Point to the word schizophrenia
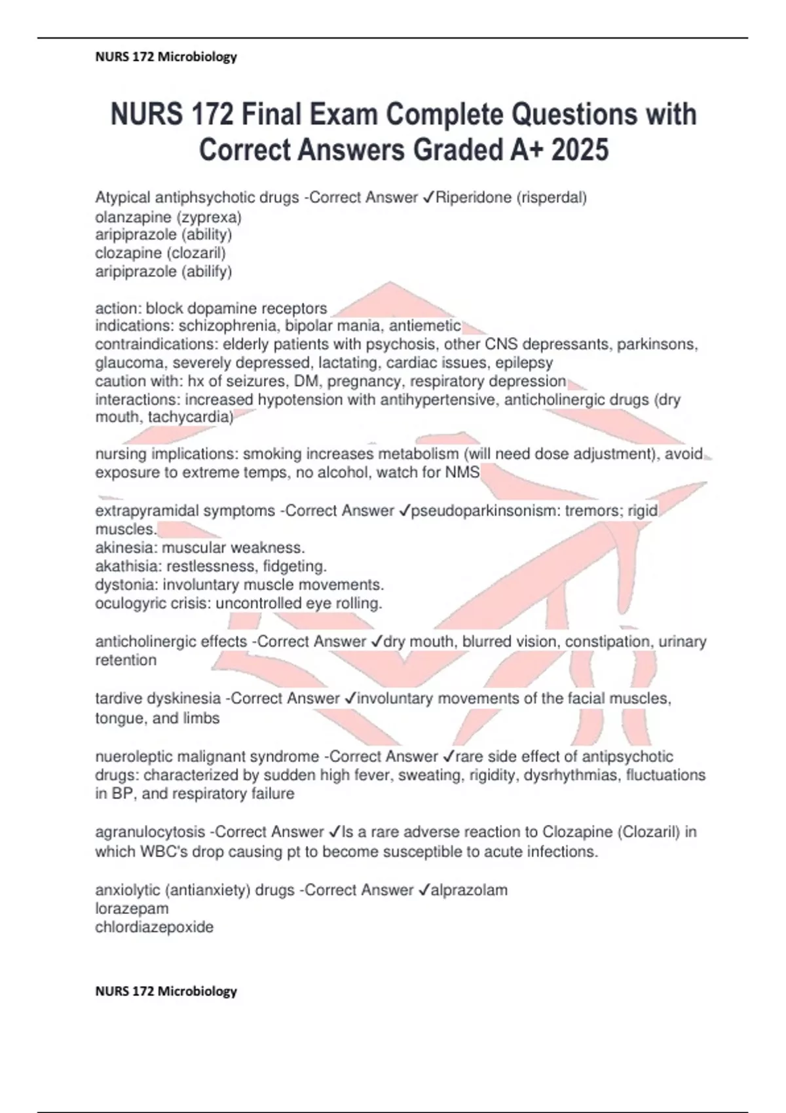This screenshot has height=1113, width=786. click(229, 326)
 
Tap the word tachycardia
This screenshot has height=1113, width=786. click(191, 418)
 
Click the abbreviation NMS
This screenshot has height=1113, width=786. click(462, 472)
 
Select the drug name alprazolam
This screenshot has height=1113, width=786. click(470, 890)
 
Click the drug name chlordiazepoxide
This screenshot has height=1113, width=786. click(155, 927)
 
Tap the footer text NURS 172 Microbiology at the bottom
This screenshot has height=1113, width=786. click(166, 991)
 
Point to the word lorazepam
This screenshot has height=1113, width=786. click(132, 909)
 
